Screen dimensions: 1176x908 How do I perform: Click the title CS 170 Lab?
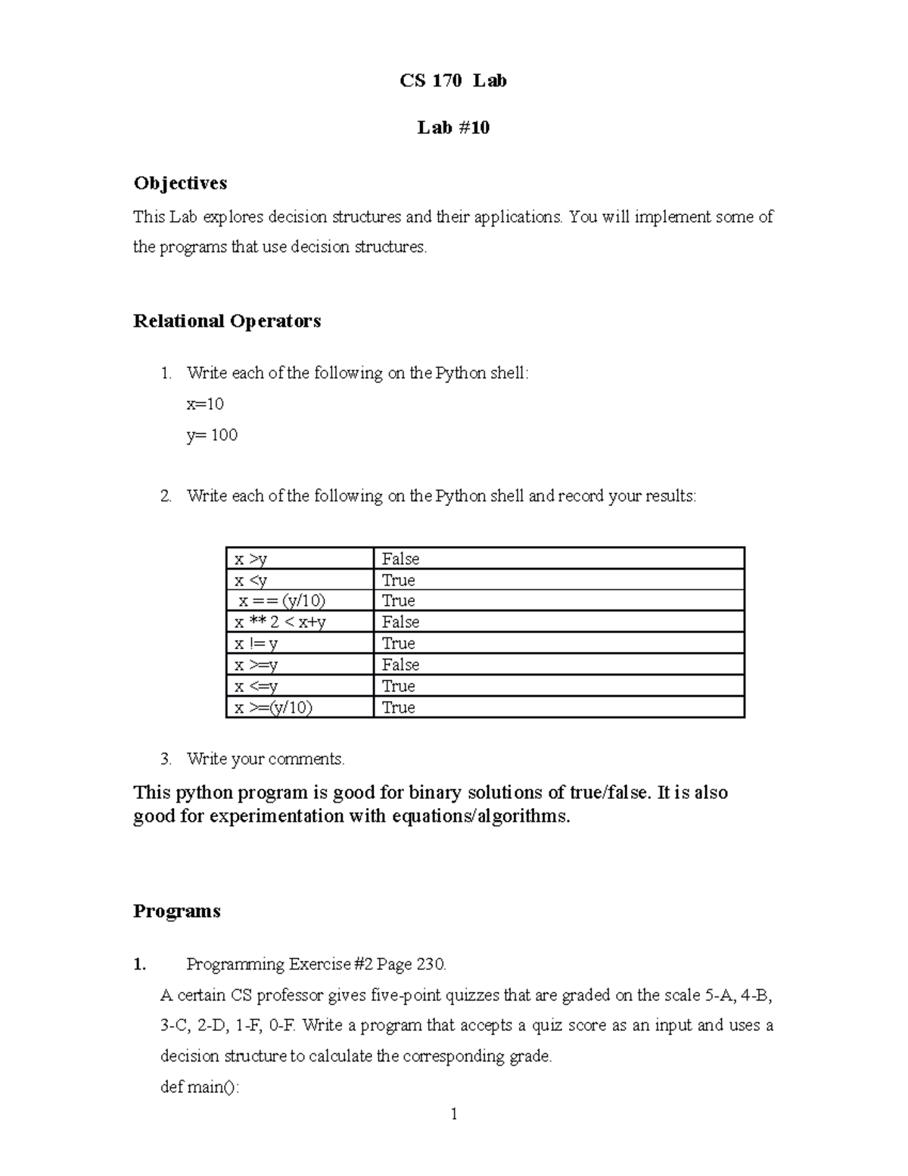(453, 80)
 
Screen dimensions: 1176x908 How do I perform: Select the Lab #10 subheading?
(453, 127)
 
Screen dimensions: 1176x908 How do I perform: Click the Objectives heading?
(180, 183)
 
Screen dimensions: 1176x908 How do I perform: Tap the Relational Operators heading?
(227, 321)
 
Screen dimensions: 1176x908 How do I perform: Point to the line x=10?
(205, 404)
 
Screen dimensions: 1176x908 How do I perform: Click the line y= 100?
(212, 435)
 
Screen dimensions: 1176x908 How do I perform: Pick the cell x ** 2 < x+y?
(280, 622)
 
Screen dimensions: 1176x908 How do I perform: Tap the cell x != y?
(256, 644)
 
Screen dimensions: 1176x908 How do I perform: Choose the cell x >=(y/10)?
(272, 707)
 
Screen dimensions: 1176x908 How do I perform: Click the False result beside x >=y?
(400, 665)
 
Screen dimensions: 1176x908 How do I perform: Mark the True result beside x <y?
(398, 580)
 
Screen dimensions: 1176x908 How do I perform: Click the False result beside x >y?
(400, 560)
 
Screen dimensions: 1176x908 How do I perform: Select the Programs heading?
(176, 911)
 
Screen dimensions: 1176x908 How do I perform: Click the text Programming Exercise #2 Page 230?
(316, 964)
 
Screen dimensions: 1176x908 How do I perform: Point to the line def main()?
(200, 1087)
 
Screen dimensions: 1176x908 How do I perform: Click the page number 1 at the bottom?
(454, 1114)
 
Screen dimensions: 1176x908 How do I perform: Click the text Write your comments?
(266, 759)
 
